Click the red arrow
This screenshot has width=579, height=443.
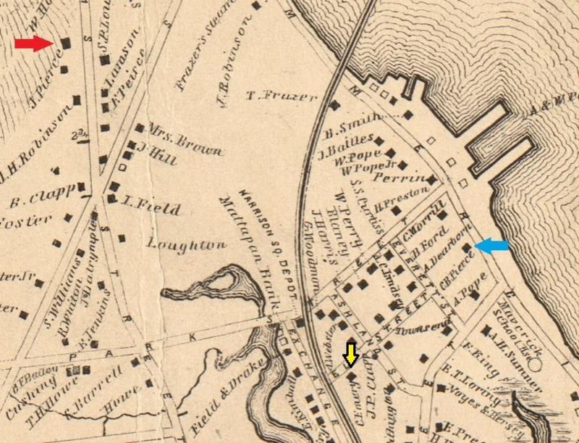point(34,44)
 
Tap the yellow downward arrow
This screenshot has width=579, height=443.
point(350,354)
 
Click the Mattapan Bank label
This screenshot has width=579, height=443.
point(239,243)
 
